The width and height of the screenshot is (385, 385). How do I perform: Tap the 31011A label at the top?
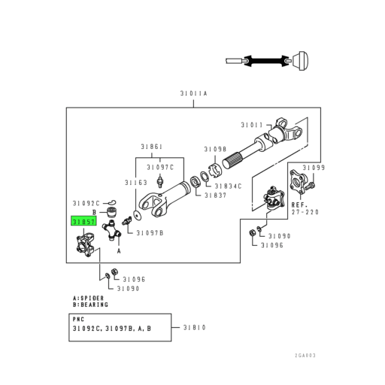pos(193,93)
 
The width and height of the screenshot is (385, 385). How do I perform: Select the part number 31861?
pos(151,147)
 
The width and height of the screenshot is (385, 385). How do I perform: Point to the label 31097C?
pos(160,166)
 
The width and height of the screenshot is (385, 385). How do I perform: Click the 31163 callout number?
pos(135,181)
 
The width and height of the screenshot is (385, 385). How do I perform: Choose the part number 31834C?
pos(226,185)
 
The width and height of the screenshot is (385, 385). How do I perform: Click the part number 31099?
pos(315,167)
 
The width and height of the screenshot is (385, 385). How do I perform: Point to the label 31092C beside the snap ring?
pos(86,203)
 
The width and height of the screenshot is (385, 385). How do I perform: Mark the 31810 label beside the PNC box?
pos(194,329)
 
